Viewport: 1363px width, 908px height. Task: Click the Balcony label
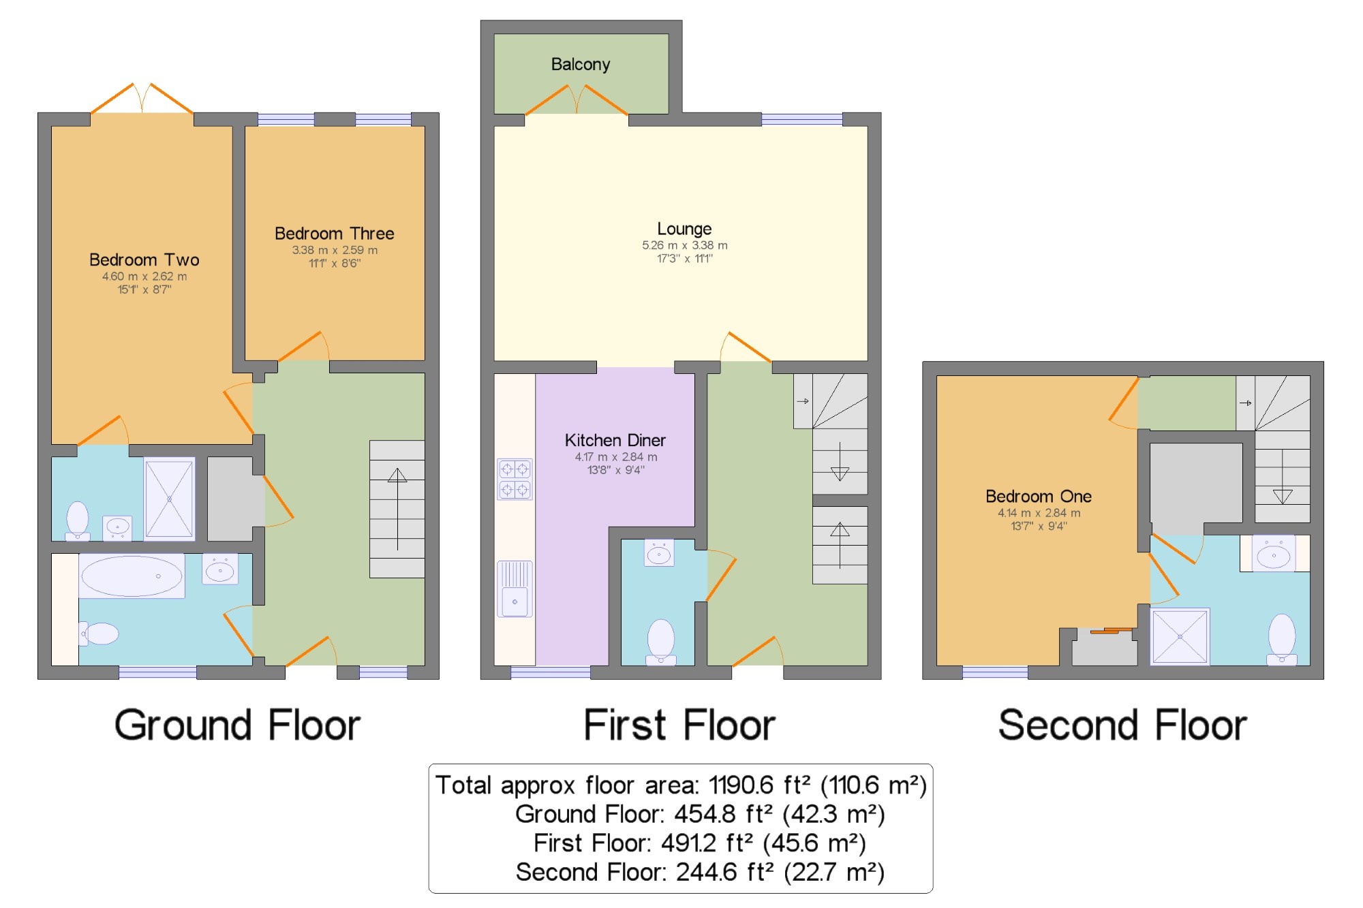[x=581, y=65]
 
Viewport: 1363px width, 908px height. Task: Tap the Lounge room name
[x=684, y=229]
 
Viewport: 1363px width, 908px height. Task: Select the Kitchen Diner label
[x=615, y=440]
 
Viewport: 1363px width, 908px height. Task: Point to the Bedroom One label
[x=1039, y=496]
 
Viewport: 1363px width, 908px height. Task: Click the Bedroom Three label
[x=335, y=234]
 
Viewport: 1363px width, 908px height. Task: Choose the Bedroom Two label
[x=144, y=260]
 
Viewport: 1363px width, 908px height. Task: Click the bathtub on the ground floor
[x=132, y=576]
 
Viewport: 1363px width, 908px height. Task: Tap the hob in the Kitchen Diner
[x=515, y=479]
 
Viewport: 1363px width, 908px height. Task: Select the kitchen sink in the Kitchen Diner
[x=515, y=589]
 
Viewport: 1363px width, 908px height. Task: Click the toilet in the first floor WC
[x=660, y=641]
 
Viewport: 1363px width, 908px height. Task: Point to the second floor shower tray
[x=1180, y=636]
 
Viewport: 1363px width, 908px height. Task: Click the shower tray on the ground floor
[x=169, y=499]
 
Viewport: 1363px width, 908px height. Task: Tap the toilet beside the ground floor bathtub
[x=99, y=633]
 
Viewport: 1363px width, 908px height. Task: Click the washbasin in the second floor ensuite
[x=1274, y=554]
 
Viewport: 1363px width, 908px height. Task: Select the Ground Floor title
[x=237, y=725]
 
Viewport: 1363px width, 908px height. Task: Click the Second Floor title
[x=1122, y=725]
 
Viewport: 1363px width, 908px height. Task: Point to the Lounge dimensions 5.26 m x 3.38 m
[x=684, y=245]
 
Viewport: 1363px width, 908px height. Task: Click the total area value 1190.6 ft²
[x=760, y=785]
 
